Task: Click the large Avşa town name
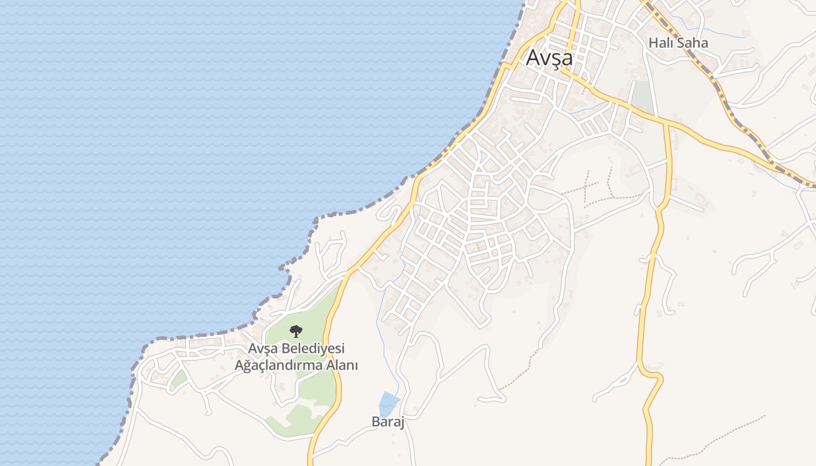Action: pyautogui.click(x=549, y=58)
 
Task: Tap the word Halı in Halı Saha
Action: pyautogui.click(x=662, y=43)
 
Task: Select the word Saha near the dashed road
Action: pyautogui.click(x=694, y=43)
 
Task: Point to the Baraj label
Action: pyautogui.click(x=388, y=422)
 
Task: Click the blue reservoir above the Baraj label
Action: pyautogui.click(x=389, y=403)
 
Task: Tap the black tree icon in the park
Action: pyautogui.click(x=296, y=331)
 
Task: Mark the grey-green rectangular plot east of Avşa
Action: pyautogui.click(x=643, y=96)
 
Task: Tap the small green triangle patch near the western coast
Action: pyautogui.click(x=178, y=379)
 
